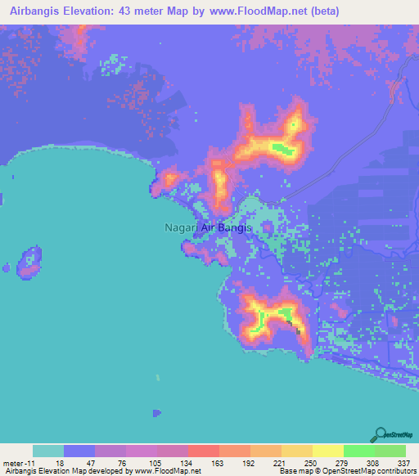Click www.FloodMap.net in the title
coord(258,11)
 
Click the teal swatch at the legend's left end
coord(48,451)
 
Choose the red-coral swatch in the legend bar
coord(203,451)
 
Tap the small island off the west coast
coord(30,261)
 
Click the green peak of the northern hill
coord(282,148)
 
